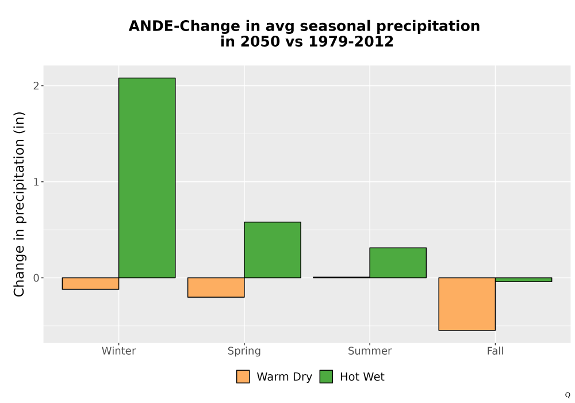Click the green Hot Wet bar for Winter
147,178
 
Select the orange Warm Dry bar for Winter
91,283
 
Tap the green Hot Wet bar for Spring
273,250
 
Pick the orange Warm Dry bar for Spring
216,287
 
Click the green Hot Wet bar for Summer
398,263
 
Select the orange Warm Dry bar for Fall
467,304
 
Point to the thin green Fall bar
523,280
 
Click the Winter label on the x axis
119,351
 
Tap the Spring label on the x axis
244,351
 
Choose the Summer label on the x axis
370,351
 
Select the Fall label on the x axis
495,351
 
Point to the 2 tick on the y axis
36,86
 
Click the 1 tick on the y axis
36,182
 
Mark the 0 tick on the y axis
36,278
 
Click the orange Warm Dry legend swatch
243,377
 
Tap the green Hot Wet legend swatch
326,377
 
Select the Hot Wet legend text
362,377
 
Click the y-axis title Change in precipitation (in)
19,204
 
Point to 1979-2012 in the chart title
351,41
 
